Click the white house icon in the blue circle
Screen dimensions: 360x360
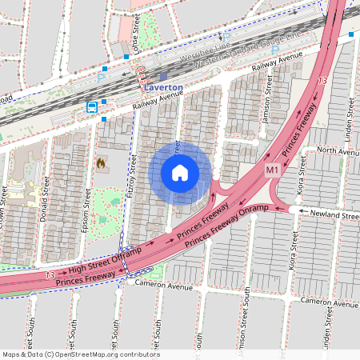pyautogui.click(x=180, y=173)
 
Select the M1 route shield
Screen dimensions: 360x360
pyautogui.click(x=272, y=170)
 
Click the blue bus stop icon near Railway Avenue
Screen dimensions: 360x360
pyautogui.click(x=92, y=107)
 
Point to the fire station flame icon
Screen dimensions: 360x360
pyautogui.click(x=101, y=163)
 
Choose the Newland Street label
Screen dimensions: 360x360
pyautogui.click(x=335, y=215)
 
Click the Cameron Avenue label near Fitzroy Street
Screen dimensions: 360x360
pyautogui.click(x=166, y=284)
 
